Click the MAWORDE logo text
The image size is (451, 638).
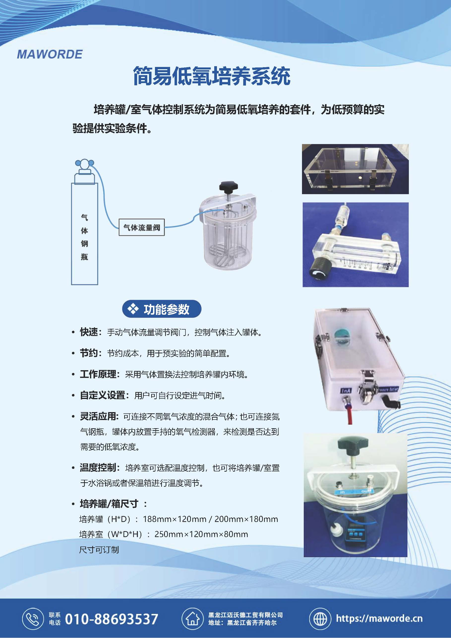coord(50,54)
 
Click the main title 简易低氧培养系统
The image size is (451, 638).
coord(212,76)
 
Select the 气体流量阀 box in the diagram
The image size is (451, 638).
coord(142,228)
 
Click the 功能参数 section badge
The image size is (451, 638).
coord(162,309)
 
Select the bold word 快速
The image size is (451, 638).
coord(89,332)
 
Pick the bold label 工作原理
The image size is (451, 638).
coord(98,374)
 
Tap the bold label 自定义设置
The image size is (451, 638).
coord(103,395)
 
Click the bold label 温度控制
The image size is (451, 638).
coord(98,468)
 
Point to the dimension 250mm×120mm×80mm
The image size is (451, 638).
coord(201,534)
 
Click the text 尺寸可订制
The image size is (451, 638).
coord(99,550)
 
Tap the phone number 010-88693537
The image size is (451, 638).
coord(111,619)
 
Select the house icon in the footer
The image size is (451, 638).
coord(192,619)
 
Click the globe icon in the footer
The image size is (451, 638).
coord(320,619)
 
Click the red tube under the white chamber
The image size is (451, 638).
coord(349,417)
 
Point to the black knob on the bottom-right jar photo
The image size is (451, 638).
coord(353,446)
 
